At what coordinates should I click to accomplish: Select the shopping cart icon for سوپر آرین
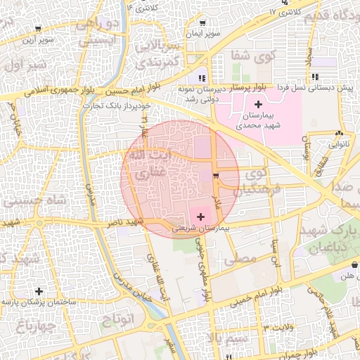click(37, 30)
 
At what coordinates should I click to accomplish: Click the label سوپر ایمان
click(203, 34)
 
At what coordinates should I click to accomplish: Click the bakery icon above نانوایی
click(340, 133)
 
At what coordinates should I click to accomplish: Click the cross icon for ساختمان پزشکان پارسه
click(39, 290)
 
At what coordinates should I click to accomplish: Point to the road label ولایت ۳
click(276, 328)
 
